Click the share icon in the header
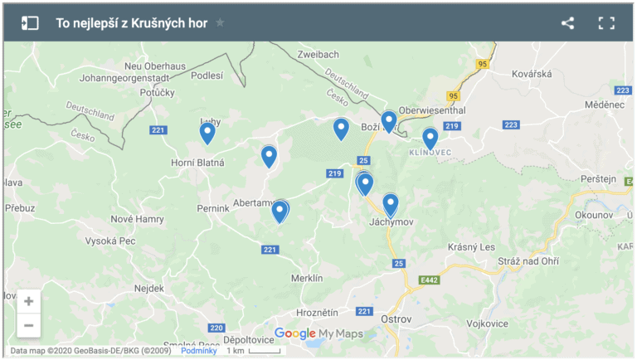coord(567,23)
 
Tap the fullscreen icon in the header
coord(606,23)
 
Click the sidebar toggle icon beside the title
coord(30,23)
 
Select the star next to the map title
coord(220,23)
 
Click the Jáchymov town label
coord(391,222)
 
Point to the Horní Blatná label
coord(197,163)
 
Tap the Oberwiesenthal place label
coord(432,109)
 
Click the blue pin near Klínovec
coord(430,138)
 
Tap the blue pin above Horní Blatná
coord(207,132)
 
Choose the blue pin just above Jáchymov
coord(391,203)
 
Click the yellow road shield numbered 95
coord(484,64)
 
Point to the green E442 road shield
coord(429,280)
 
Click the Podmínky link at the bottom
coord(198,351)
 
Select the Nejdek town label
coord(150,288)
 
